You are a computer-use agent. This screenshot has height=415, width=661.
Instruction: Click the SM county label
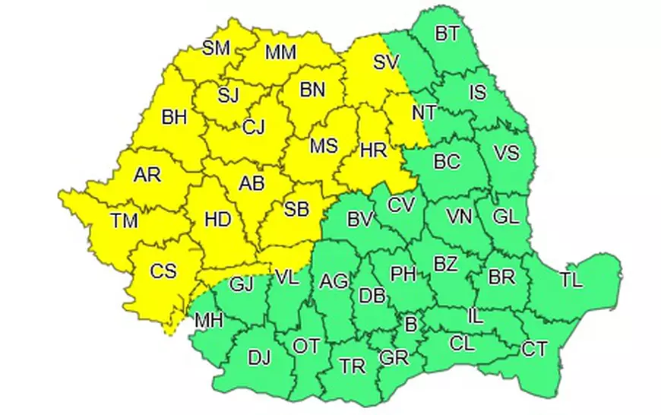coord(216,49)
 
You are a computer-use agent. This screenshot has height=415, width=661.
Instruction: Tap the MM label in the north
coord(280,52)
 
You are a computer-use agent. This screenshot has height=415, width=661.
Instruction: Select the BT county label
coord(447,33)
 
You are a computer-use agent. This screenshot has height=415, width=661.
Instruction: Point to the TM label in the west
coord(123,221)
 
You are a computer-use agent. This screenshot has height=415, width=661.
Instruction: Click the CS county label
coord(163,270)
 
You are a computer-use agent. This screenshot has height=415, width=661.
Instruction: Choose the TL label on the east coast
coord(571,279)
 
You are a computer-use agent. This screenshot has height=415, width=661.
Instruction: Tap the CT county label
coord(534,349)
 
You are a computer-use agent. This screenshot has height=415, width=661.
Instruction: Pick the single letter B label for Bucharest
coord(411,325)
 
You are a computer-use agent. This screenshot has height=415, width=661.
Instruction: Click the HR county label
coord(373,150)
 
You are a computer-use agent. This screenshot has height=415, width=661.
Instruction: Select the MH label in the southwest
coord(209,320)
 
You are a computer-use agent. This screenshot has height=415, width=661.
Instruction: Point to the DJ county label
coord(259,355)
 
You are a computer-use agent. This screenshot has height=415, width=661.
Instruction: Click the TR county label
coord(353,366)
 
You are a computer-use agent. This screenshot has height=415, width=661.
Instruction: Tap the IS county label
coord(477,93)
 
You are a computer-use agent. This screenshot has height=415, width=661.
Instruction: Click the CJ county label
coord(253,127)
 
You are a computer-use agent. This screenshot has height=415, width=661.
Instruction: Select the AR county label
coord(147,175)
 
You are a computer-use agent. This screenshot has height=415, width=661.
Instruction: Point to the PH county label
coord(403,273)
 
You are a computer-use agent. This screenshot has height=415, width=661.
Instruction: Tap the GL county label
coord(504,216)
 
